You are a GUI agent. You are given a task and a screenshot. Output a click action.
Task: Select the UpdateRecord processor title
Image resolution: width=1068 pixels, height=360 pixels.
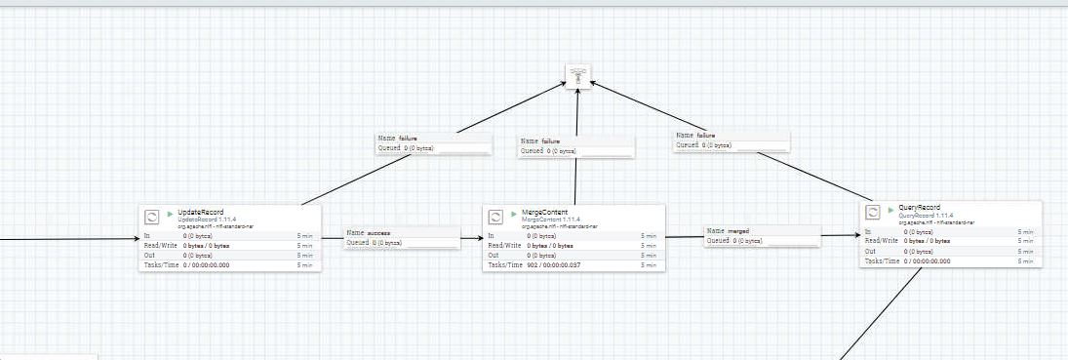coord(201,212)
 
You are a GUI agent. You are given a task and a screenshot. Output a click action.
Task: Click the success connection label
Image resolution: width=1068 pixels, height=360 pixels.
coord(378,234)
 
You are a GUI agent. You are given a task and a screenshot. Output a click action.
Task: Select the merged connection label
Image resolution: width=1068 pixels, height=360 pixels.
coord(738,231)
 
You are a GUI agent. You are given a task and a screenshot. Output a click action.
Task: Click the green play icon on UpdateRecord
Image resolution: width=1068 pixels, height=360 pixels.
coord(170,212)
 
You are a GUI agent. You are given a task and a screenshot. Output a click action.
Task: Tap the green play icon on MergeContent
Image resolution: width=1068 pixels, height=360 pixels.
coord(514,211)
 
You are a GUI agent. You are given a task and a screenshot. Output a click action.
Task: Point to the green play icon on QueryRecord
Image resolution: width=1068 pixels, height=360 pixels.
coord(890,209)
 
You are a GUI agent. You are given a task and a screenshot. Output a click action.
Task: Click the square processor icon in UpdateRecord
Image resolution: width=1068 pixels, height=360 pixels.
coord(152,218)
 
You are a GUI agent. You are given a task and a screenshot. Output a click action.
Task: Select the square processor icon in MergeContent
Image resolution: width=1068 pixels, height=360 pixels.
coord(495,217)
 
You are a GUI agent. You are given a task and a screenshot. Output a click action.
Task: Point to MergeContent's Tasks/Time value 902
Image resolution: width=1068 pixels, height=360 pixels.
coord(533,265)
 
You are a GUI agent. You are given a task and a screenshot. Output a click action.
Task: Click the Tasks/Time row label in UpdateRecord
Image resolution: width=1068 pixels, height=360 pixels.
coord(159,265)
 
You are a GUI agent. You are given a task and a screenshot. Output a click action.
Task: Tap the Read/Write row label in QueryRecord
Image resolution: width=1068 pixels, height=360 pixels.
coord(882,241)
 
